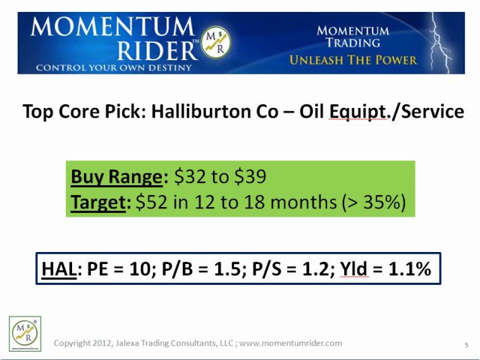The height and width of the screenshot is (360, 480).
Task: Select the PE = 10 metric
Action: tap(123, 268)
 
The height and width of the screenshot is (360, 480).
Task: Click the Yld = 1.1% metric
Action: tap(385, 268)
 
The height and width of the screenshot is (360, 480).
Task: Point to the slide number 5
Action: tap(466, 344)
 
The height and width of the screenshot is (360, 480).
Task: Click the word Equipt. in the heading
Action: tap(357, 112)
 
